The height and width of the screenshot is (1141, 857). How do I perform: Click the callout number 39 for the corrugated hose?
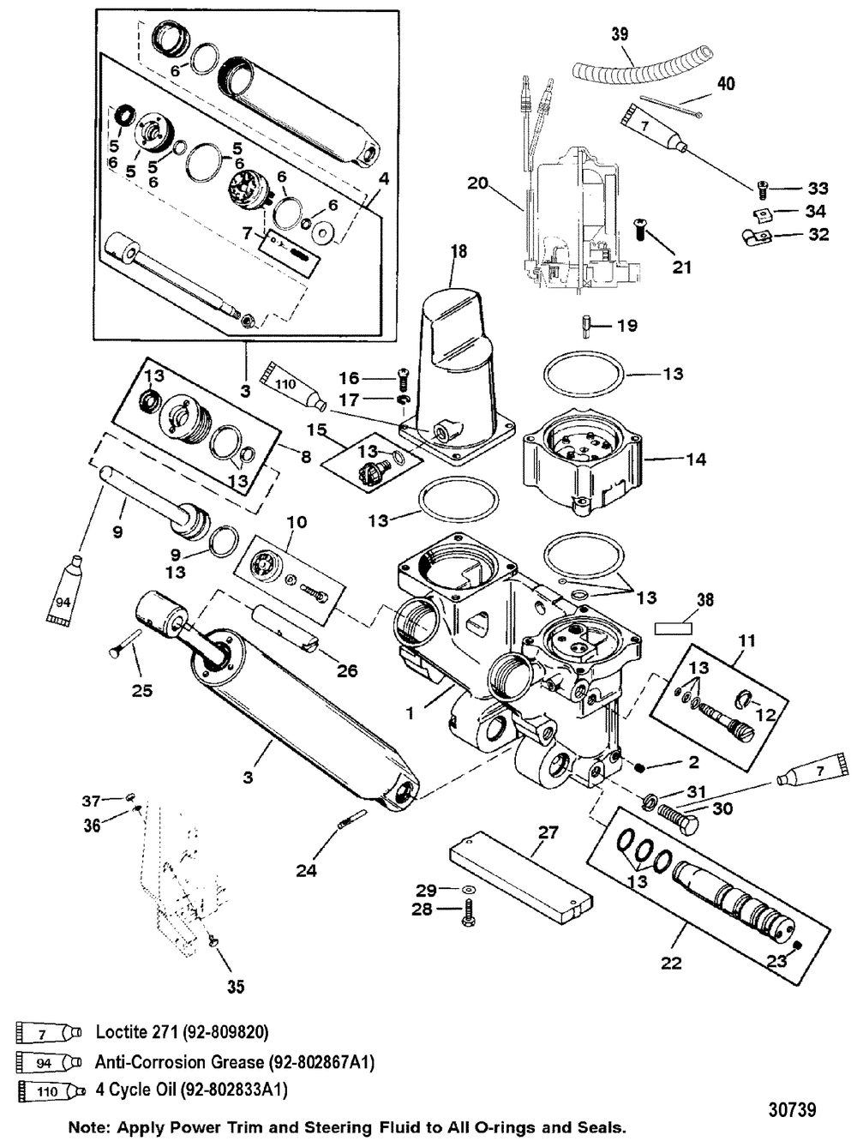(619, 34)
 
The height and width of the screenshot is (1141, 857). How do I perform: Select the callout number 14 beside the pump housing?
(696, 459)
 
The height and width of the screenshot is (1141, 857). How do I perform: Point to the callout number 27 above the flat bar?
(548, 831)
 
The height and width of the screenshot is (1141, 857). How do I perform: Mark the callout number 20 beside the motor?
(477, 182)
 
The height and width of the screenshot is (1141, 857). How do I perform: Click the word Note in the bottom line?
(93, 1125)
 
